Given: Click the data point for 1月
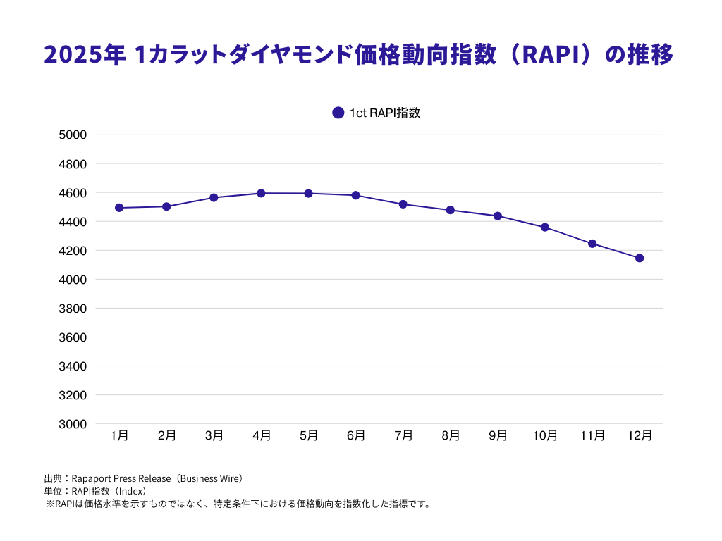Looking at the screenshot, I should [x=119, y=208].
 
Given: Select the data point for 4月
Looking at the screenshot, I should [x=261, y=193].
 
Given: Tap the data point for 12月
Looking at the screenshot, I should [x=640, y=258].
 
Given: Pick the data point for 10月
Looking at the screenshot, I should [x=545, y=228].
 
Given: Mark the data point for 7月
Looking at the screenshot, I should [x=403, y=204].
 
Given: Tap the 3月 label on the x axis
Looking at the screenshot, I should [x=214, y=436].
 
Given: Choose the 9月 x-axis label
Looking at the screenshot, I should [x=498, y=436].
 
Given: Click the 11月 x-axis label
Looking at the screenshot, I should [x=592, y=436].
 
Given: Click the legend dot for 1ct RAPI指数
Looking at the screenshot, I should [x=338, y=113].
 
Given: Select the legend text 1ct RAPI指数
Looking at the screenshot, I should [x=385, y=113].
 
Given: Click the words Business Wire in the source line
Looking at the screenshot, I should [x=209, y=478].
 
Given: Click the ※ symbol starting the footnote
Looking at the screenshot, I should [x=50, y=504].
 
